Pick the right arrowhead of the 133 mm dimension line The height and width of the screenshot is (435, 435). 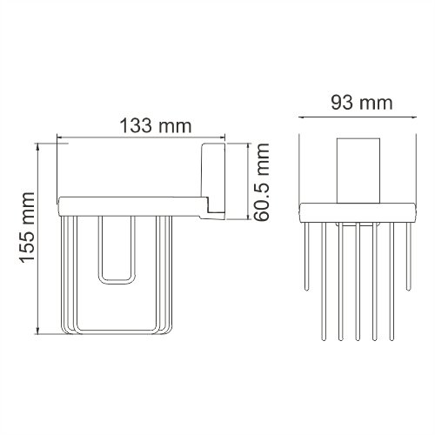click(222, 137)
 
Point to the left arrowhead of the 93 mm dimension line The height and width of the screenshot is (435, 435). click(303, 114)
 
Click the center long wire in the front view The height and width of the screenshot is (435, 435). click(357, 278)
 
